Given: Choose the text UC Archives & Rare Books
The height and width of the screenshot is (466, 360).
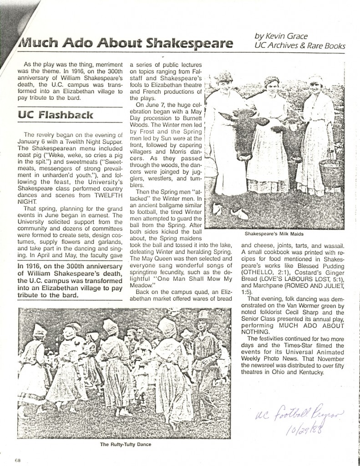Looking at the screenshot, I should [300, 46].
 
